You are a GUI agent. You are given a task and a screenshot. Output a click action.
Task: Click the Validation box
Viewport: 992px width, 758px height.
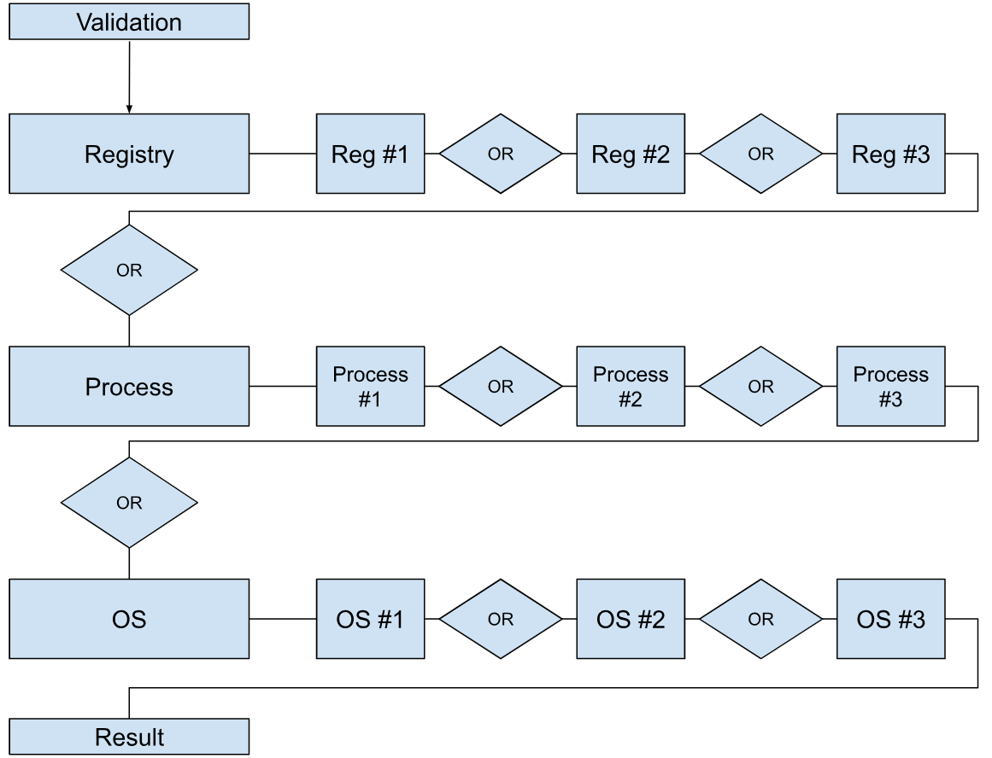coord(129,21)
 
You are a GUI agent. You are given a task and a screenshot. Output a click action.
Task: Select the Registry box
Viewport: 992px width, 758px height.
coord(129,154)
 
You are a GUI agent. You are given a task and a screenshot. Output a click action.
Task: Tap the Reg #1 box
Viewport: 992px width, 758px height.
coord(370,154)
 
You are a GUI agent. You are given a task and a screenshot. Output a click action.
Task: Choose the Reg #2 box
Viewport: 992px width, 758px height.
coord(630,154)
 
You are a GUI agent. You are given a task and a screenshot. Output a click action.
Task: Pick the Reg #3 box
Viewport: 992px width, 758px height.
coord(891,154)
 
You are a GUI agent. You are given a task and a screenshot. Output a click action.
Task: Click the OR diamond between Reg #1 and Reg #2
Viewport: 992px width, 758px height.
coord(501,154)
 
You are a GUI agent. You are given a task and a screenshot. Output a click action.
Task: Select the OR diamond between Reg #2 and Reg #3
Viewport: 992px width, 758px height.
coord(760,154)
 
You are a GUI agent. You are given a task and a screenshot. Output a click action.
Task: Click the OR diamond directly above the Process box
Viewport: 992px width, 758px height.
coord(129,270)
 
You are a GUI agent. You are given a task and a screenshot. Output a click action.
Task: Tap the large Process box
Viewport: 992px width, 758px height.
coord(129,387)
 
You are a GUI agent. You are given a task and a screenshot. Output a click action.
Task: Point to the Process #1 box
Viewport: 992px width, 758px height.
coord(370,387)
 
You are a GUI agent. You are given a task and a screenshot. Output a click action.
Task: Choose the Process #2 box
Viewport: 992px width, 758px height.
coord(630,387)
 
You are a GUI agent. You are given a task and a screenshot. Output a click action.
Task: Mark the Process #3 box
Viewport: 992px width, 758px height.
coord(891,387)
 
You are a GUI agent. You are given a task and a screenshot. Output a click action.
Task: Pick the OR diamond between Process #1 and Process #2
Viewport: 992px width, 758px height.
coord(501,387)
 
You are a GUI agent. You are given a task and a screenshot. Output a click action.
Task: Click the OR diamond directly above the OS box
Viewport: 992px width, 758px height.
coord(129,503)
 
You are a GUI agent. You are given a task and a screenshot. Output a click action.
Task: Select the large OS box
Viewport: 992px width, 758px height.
coord(129,619)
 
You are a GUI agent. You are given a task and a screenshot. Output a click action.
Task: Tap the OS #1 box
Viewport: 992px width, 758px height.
coord(370,619)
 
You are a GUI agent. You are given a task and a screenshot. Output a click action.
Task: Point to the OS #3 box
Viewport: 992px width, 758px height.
coord(891,619)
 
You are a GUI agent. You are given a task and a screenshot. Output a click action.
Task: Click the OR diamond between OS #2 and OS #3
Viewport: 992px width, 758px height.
coord(760,619)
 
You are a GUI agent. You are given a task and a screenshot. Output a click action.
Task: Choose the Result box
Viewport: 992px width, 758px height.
coord(129,737)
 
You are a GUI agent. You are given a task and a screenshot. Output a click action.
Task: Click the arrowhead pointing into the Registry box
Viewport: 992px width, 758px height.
coord(129,109)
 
